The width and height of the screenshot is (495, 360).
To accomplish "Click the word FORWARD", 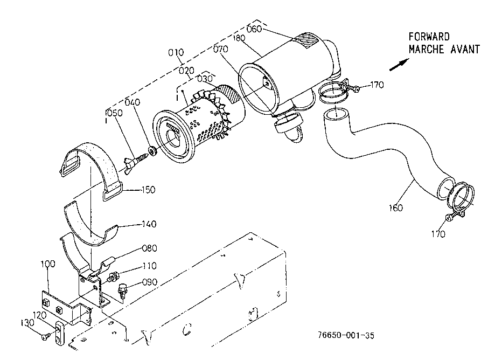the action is coord(429,37).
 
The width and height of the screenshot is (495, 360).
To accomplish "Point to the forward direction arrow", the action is coord(399,65).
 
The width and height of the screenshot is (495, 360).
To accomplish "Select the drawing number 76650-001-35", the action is coord(346,335).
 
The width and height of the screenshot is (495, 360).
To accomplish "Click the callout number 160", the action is coord(396,208).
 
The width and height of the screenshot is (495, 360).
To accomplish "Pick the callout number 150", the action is coord(148,190).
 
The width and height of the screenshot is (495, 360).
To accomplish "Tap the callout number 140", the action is coord(149,224).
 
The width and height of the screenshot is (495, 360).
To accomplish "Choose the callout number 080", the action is coord(150,248).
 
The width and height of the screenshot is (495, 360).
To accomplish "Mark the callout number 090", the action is coord(150,282).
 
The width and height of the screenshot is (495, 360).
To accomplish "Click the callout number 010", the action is coord(176,52).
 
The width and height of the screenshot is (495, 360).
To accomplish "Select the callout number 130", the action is coord(27,323).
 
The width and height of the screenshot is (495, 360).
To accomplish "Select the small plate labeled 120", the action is coord(59,333).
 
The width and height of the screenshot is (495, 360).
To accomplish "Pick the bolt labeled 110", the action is coord(113,276).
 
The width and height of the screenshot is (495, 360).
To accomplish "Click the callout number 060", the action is coord(254,29).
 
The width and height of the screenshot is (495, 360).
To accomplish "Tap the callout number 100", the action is coord(48,264).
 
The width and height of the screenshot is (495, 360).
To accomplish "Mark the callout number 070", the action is coord(220,49).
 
